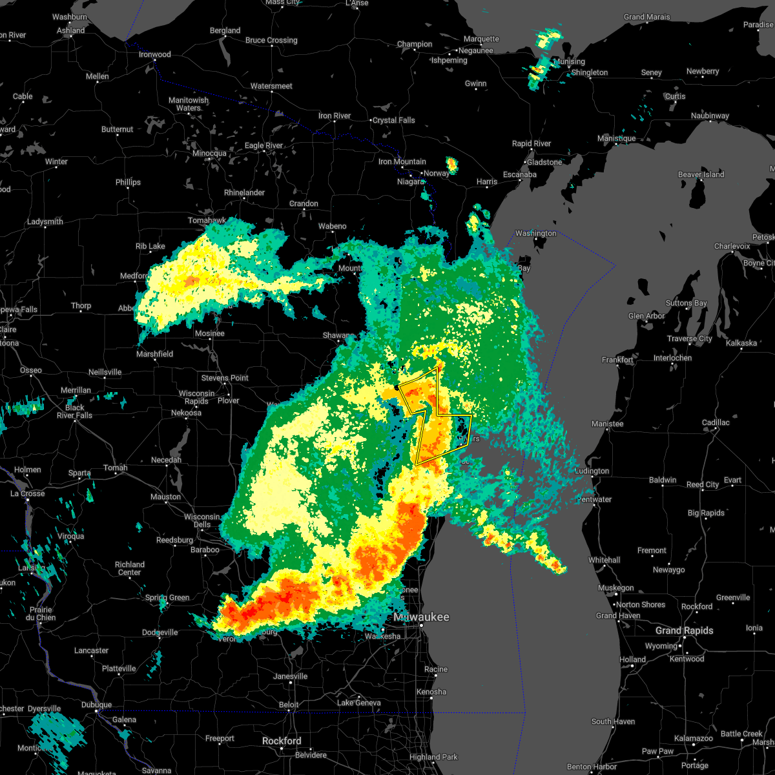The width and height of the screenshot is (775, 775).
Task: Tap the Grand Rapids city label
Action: [684, 630]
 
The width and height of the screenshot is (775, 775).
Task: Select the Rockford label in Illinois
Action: [282, 741]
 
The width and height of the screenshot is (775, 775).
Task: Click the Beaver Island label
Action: [701, 174]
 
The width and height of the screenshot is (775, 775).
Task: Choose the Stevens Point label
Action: [225, 378]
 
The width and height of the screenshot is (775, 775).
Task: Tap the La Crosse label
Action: [28, 493]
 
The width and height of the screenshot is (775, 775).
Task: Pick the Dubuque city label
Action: [96, 705]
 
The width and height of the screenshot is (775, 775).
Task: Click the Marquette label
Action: [481, 39]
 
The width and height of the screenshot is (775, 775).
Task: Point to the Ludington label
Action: [592, 471]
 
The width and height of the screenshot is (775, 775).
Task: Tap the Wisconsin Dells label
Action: [202, 521]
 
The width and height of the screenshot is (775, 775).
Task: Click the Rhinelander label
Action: [244, 192]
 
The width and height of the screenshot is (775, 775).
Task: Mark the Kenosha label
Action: [431, 692]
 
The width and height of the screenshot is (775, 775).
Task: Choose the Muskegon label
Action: [615, 588]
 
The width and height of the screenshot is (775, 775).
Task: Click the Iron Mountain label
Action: [402, 161]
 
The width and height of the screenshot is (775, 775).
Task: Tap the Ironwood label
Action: [154, 54]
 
